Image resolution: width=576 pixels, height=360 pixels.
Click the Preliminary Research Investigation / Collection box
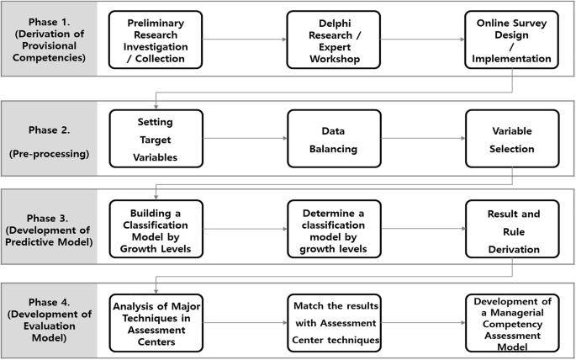point(156,39)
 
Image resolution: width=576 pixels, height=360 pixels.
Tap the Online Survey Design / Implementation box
point(512,39)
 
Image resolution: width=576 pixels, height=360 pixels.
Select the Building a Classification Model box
point(156,227)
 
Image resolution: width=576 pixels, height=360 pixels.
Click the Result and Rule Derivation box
point(512,227)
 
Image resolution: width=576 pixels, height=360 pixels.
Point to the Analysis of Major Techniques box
point(156,321)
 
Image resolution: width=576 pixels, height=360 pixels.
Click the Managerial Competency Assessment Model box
point(512,321)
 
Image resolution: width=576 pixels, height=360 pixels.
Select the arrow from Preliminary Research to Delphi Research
point(245,39)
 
